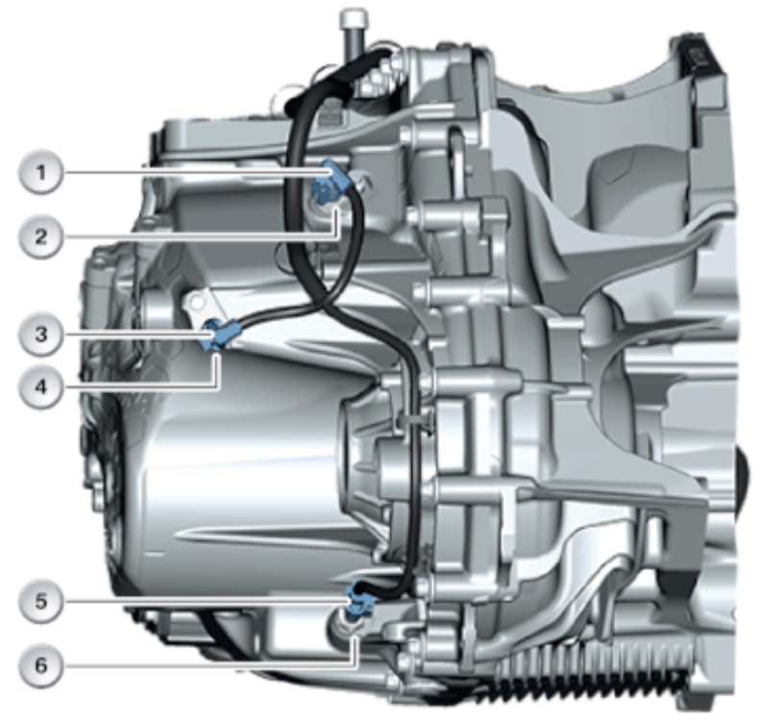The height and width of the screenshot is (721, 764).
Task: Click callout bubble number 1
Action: point(41,173)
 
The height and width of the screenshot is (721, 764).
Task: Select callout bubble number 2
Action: point(41,236)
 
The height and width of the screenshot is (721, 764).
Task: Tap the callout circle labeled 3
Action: point(41,335)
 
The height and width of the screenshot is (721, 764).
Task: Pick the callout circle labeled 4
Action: point(41,387)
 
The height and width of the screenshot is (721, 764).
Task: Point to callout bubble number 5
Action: point(41,601)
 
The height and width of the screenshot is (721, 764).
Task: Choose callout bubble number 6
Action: point(41,665)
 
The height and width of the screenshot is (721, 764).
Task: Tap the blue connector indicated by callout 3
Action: point(220,334)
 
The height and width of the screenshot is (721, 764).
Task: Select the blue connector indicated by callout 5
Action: point(359,601)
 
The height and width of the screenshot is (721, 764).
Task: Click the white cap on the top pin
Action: point(354,18)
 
